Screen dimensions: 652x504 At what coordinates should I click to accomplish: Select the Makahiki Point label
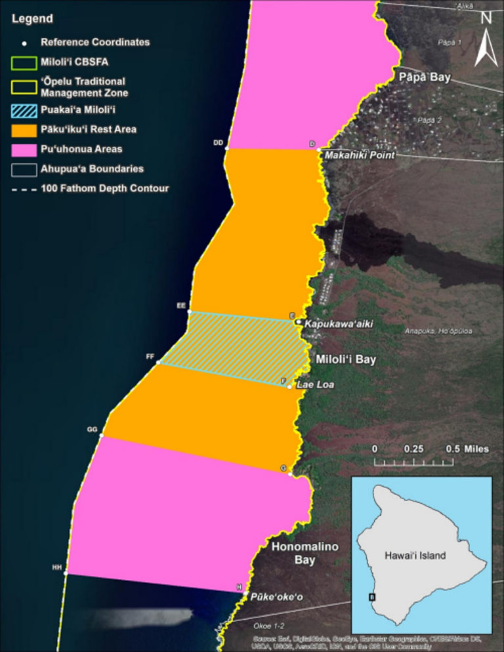[x=360, y=155]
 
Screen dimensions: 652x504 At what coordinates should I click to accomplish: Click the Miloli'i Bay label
[x=346, y=360]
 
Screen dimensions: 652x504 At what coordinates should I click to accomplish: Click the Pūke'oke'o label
[x=276, y=598]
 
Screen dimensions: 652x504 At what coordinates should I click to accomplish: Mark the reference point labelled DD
[x=226, y=149]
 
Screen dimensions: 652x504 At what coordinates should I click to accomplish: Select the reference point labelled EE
[x=190, y=312]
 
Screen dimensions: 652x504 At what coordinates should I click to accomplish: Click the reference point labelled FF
[x=158, y=363]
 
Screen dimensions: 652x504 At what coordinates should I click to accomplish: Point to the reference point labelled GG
[x=101, y=435]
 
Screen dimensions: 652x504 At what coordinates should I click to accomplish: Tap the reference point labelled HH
[x=66, y=573]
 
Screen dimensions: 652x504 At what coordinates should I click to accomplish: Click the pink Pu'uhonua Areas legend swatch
[x=24, y=149]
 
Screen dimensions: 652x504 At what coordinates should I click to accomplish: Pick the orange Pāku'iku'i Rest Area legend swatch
[x=24, y=129]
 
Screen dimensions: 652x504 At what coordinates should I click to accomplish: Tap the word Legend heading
[x=32, y=19]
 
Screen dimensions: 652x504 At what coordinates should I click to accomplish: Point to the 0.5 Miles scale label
[x=467, y=449]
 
